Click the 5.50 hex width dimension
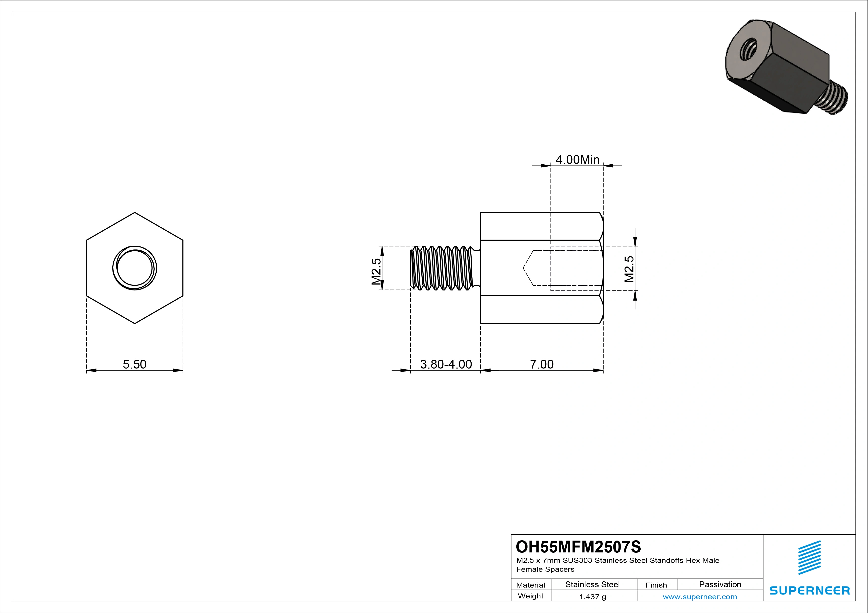coord(135,364)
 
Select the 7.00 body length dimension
coord(541,364)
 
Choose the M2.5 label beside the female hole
coord(629,269)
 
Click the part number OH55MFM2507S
coord(579,547)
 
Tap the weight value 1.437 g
coord(592,597)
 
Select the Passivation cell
coord(720,584)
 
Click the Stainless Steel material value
coord(592,584)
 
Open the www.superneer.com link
coord(700,597)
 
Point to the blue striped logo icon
coord(809,557)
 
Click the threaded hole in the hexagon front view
coord(135,268)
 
